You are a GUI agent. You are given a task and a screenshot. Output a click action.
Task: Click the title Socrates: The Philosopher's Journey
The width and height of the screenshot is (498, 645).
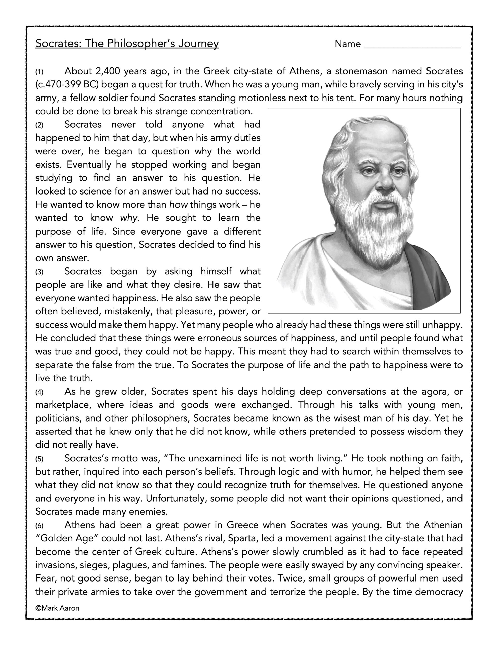pyautogui.click(x=127, y=44)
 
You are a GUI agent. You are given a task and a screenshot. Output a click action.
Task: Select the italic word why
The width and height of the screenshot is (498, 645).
pyautogui.click(x=129, y=218)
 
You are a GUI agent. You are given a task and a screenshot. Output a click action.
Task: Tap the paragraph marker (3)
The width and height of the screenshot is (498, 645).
pyautogui.click(x=39, y=272)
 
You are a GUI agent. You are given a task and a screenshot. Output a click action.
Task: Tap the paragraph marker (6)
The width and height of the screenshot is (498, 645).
pyautogui.click(x=39, y=526)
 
